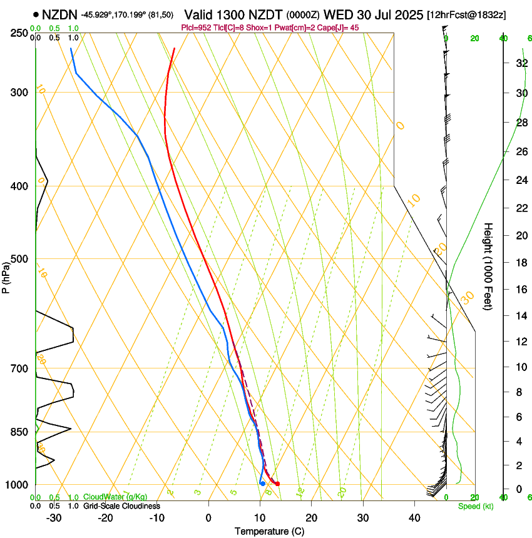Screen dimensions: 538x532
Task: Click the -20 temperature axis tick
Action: pyautogui.click(x=105, y=518)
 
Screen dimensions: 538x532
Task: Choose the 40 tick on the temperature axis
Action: pyautogui.click(x=414, y=518)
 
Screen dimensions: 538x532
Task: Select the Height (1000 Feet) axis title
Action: pyautogui.click(x=489, y=266)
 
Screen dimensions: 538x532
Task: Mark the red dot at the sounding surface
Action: pyautogui.click(x=277, y=484)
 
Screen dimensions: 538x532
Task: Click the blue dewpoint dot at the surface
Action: pyautogui.click(x=262, y=484)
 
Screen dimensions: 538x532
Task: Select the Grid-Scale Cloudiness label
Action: pyautogui.click(x=121, y=506)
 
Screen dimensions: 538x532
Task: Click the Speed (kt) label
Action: pyautogui.click(x=475, y=506)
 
